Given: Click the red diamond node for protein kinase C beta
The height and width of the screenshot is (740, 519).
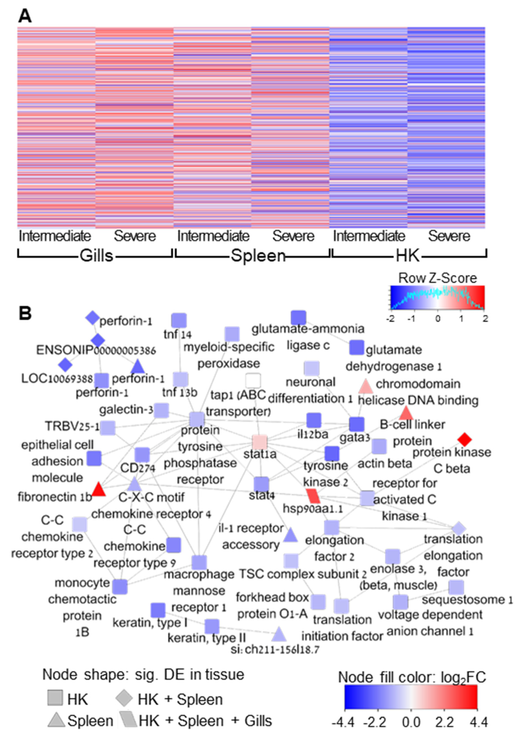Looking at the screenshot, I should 464,439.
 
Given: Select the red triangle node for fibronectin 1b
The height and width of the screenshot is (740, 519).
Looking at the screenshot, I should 99,490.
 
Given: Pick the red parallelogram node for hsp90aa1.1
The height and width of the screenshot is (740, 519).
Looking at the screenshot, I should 313,496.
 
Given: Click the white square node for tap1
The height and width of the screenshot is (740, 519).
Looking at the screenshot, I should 253,381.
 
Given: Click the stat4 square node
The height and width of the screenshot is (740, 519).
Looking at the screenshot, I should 261,484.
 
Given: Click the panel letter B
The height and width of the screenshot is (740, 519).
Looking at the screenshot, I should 25,312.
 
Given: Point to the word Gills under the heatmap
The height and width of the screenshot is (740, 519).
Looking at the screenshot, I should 96,256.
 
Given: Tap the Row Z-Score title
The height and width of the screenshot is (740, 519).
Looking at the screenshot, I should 437,278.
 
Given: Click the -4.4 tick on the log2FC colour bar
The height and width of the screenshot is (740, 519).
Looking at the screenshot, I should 345,722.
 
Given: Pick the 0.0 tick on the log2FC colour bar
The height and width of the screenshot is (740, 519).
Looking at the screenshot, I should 411,722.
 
